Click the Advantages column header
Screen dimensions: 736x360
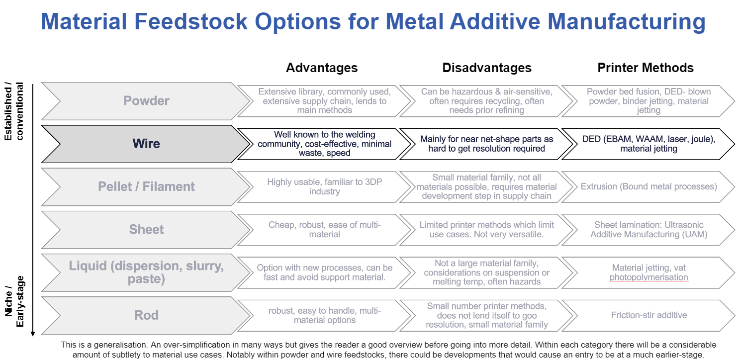(x=322, y=68)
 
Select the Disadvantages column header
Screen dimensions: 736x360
(x=487, y=68)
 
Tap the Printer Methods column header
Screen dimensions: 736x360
(x=645, y=68)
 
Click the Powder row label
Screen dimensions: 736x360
(x=146, y=101)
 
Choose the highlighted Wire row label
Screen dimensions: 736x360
(x=146, y=144)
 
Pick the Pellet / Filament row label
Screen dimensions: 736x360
(x=146, y=186)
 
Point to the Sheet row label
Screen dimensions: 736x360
(x=146, y=229)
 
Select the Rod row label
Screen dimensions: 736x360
(x=146, y=315)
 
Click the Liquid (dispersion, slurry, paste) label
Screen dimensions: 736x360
(x=146, y=272)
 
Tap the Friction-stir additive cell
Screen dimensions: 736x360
(x=649, y=315)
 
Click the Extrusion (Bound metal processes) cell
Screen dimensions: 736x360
(x=649, y=186)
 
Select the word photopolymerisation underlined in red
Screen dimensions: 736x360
(x=649, y=277)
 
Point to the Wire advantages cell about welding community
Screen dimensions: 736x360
(x=325, y=144)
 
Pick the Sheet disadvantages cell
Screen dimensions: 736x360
(x=487, y=230)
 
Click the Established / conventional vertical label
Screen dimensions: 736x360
(x=14, y=111)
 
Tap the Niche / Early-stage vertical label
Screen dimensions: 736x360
(x=14, y=301)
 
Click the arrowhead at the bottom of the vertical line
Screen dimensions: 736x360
(x=32, y=334)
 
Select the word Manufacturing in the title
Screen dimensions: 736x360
(x=627, y=21)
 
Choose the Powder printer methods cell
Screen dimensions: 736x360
(x=649, y=101)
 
